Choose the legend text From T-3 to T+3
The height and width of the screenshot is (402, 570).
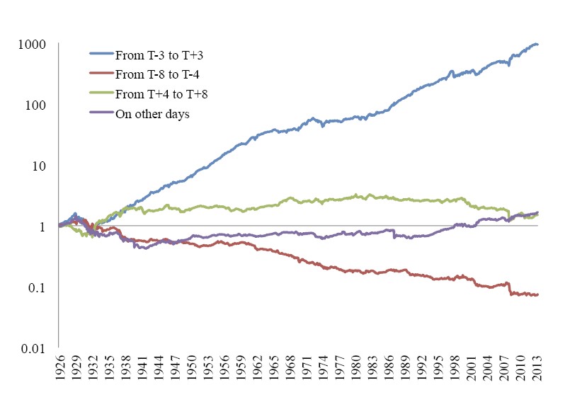[x=154, y=53]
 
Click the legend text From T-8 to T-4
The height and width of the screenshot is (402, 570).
[x=153, y=74]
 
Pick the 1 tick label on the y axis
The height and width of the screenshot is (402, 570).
[x=42, y=226]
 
